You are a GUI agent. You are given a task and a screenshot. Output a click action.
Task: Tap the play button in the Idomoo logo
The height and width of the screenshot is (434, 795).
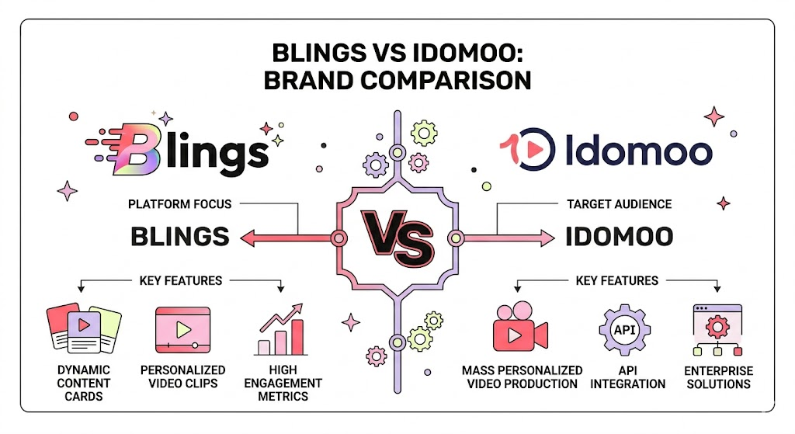coord(535,147)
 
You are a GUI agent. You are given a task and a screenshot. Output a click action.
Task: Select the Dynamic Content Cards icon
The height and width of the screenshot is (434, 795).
coord(83,329)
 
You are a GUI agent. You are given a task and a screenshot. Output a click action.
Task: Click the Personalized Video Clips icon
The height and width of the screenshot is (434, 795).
coord(183,330)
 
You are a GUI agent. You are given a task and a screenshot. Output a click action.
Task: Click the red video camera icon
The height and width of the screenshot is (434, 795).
coord(520,330)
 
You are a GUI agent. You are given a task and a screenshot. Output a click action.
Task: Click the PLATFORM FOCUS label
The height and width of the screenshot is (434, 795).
coord(179,204)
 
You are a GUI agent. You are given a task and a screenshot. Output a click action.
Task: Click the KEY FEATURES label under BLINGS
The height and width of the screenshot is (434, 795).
coord(180,280)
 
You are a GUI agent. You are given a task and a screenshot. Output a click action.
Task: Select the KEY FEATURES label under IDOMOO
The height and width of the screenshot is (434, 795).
coord(616,280)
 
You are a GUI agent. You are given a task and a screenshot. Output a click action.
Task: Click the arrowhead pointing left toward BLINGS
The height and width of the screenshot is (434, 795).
coord(248,238)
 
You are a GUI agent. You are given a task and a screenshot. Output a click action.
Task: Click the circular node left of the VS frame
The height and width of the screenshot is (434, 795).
coord(338,238)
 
